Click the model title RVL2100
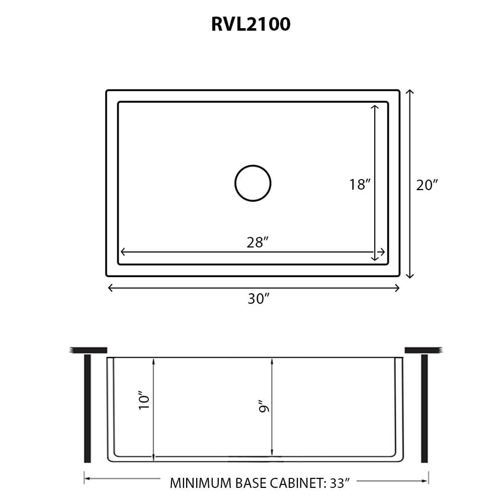point(250,24)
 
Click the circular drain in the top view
point(253,183)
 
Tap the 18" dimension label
point(360,185)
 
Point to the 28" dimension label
point(257,242)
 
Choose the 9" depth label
point(263,406)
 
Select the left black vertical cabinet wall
point(88,408)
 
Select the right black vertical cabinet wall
point(424,408)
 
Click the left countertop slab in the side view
point(89,350)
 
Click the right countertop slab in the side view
point(423,350)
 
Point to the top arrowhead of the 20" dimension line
point(410,92)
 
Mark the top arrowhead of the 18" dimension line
point(374,107)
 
